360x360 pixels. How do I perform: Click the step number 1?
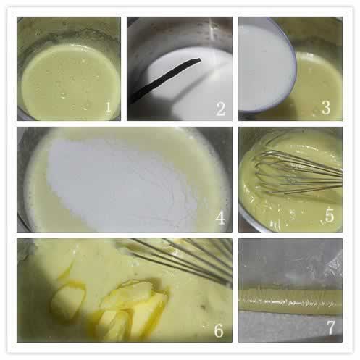(109, 107)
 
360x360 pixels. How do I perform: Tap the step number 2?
(221, 109)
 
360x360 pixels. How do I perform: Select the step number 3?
(326, 108)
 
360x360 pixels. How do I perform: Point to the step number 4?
(220, 218)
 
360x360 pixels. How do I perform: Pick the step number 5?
(330, 216)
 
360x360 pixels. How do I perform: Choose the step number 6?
(219, 330)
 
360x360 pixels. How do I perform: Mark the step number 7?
(331, 327)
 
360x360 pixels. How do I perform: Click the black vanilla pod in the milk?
(165, 80)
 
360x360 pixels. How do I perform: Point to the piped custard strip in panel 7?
(290, 302)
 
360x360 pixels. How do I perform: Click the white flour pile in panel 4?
(121, 183)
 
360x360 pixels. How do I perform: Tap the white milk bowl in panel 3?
(266, 67)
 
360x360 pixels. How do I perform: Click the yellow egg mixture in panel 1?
(70, 82)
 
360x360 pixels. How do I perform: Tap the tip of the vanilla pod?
(200, 59)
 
